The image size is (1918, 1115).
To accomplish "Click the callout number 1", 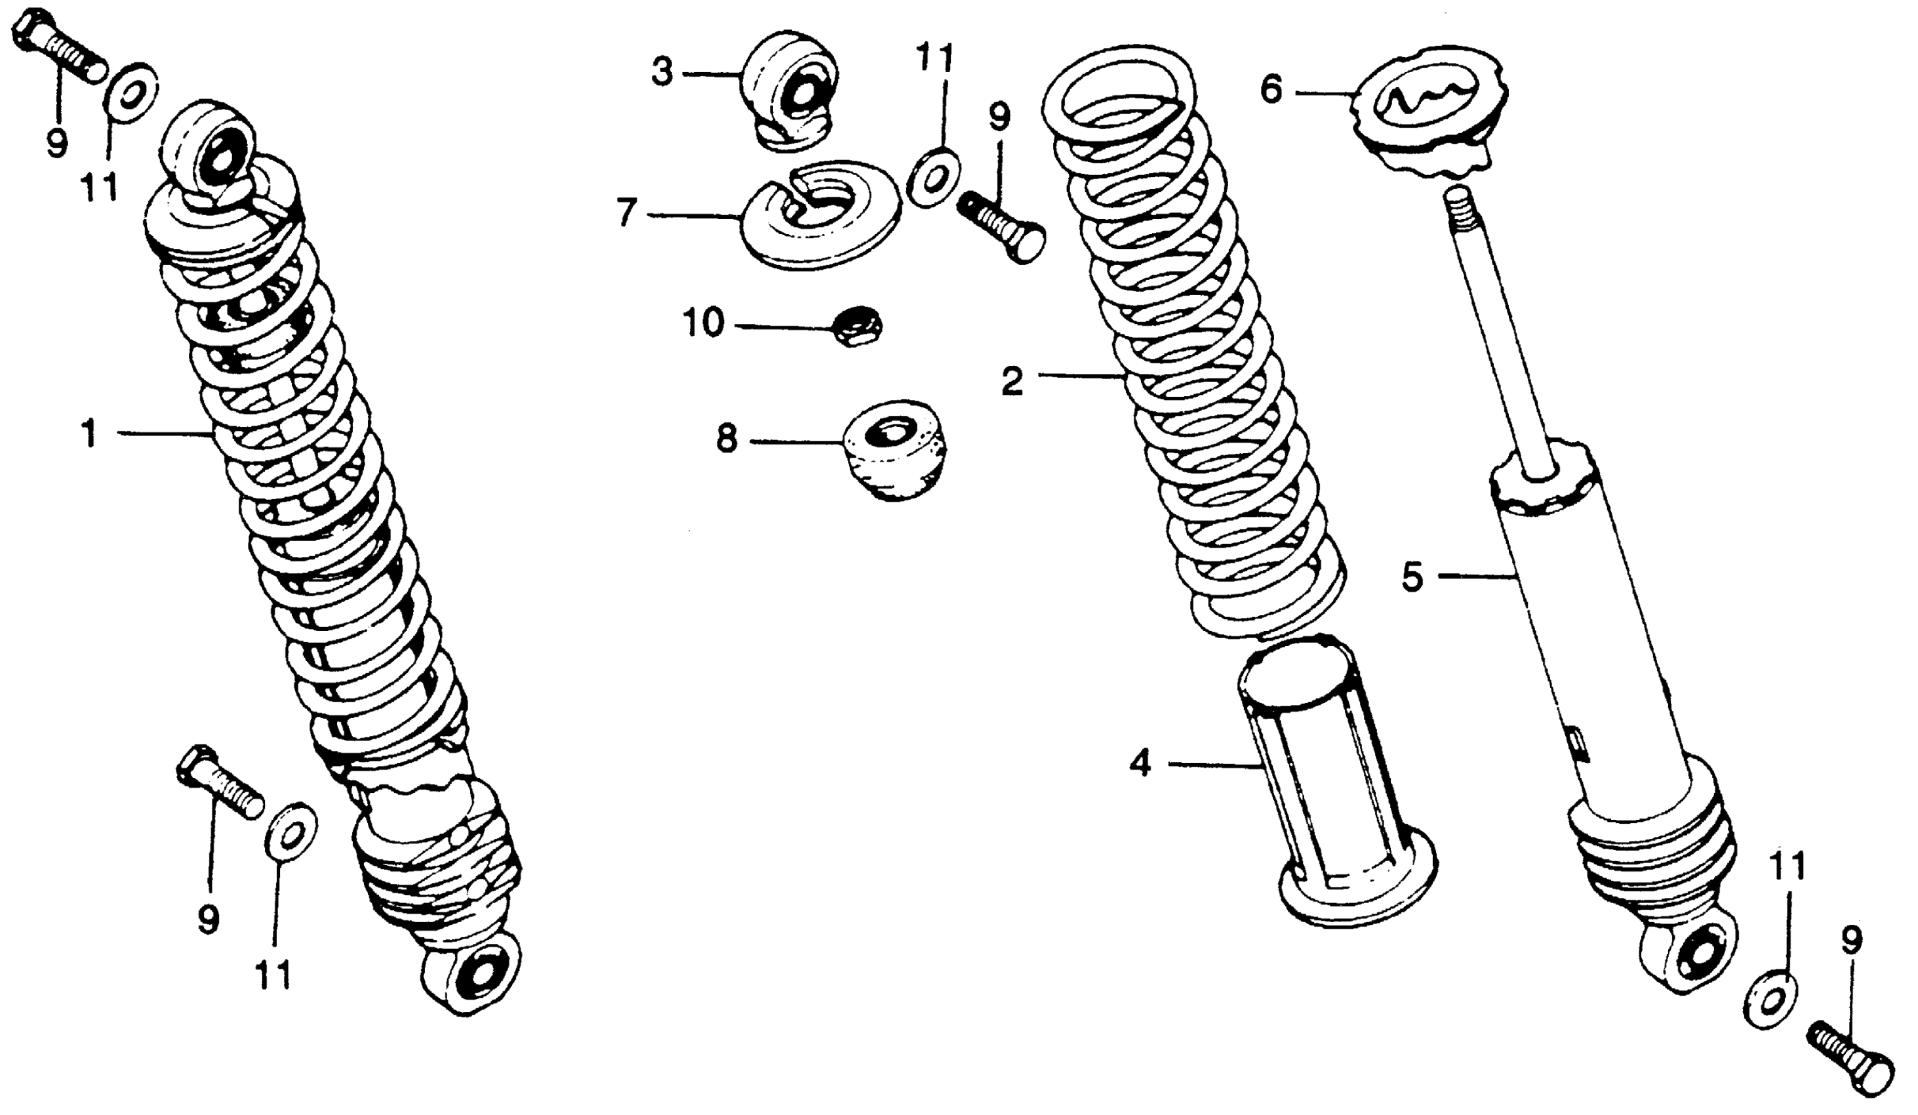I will [90, 436].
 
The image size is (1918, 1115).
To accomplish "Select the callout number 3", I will [662, 74].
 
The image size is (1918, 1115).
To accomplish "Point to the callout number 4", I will [1140, 764].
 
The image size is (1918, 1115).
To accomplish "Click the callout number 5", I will [1412, 578].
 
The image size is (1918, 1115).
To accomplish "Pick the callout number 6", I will [1271, 91].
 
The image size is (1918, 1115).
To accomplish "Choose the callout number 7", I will [626, 214].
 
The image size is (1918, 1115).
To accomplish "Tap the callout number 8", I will [727, 440].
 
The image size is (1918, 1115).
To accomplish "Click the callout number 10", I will [702, 323].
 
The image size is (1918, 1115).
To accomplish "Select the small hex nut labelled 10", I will [858, 327].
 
